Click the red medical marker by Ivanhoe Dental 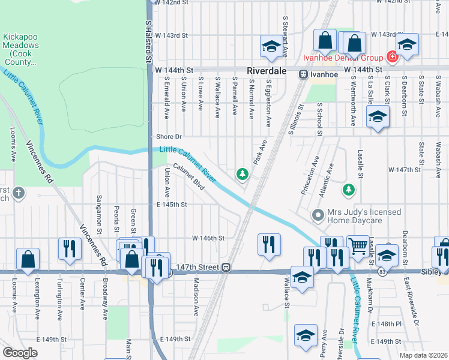coord(392,58)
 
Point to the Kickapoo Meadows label coord(21,45)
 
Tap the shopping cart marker coord(358,245)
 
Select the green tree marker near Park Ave coord(243,174)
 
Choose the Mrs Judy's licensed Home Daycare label coord(354,216)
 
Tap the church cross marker coord(19,193)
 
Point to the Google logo coord(20,352)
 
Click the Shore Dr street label coord(169,136)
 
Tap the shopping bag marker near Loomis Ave coord(28,259)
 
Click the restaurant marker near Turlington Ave coord(70,248)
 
